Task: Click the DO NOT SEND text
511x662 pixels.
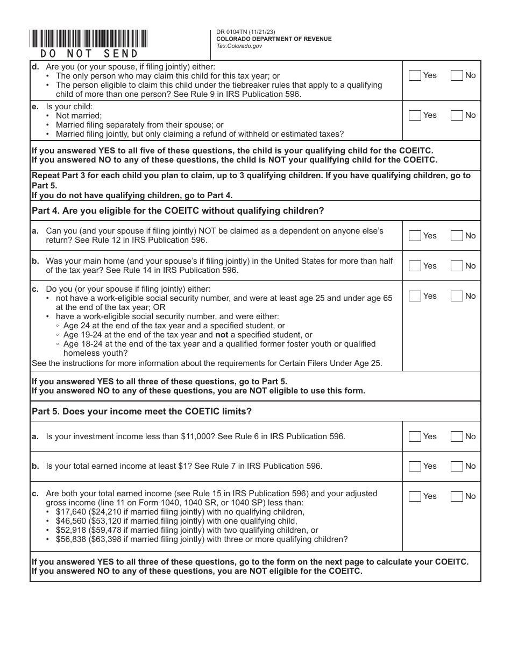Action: click(89, 54)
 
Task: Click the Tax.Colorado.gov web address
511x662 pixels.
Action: click(239, 46)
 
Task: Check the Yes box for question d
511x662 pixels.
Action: click(415, 75)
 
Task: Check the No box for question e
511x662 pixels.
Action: click(456, 115)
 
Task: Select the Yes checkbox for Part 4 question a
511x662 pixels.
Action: click(415, 236)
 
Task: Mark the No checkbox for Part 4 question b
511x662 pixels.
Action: click(456, 266)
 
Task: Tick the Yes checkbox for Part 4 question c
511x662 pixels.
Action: click(415, 296)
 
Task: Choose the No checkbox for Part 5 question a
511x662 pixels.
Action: click(456, 436)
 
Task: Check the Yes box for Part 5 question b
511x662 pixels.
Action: click(415, 466)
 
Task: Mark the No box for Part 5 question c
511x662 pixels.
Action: click(456, 496)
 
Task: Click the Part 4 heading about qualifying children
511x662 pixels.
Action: click(178, 211)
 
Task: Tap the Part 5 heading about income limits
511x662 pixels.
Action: click(142, 412)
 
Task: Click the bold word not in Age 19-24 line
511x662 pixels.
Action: click(222, 335)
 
